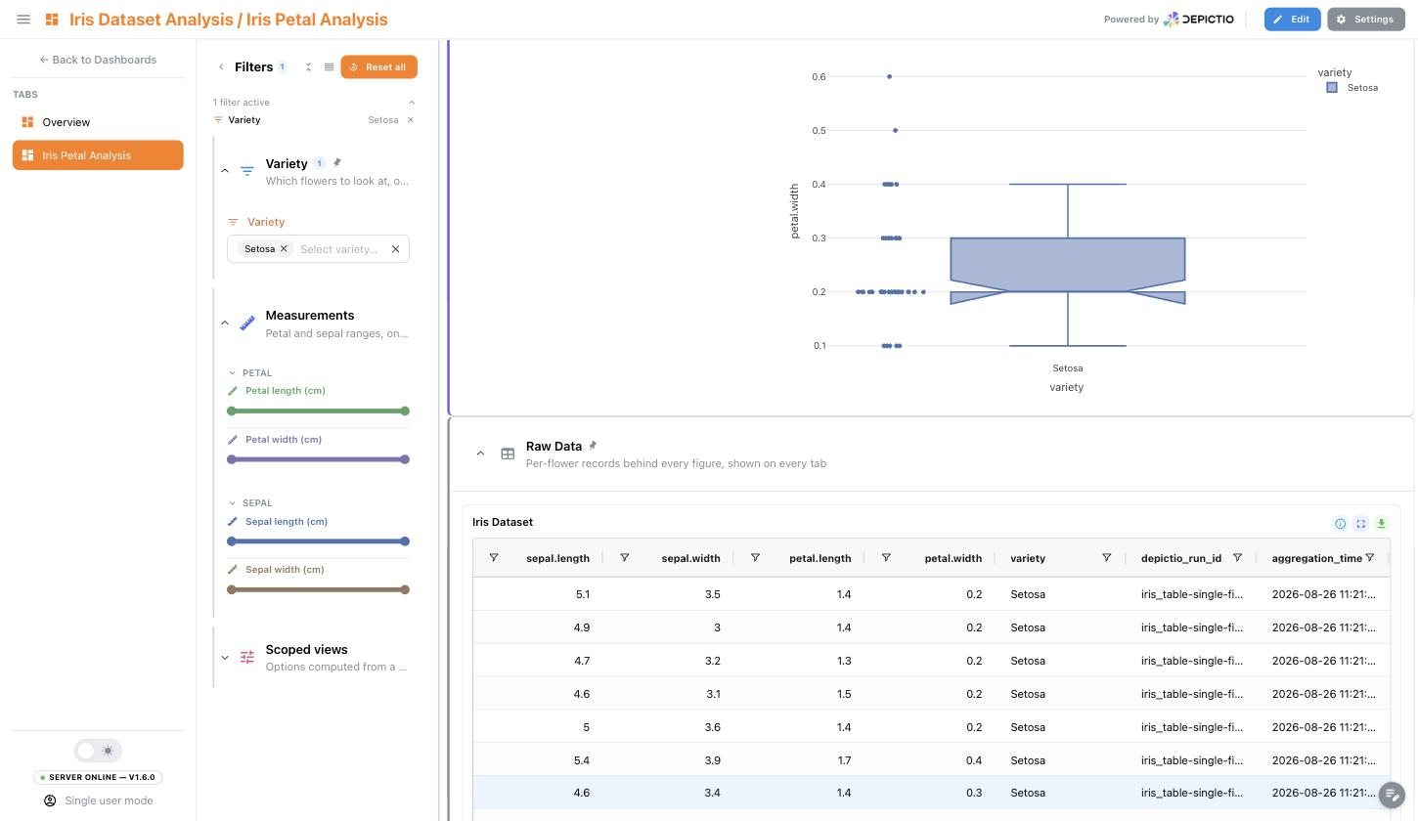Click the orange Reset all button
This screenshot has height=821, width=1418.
378,67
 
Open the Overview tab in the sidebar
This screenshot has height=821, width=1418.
66,122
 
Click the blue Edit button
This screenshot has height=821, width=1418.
1292,19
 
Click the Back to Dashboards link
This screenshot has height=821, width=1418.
98,60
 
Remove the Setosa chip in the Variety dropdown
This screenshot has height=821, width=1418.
284,248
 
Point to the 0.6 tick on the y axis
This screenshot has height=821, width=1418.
819,77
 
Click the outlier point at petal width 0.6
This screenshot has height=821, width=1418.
889,76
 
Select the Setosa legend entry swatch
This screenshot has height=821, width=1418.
1332,88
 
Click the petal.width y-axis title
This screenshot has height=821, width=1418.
794,211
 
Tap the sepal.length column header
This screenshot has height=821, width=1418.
557,558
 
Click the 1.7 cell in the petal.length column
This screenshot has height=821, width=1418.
843,760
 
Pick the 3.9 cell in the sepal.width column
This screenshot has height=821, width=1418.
712,760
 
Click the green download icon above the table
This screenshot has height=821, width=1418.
1381,523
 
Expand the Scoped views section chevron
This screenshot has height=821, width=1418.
225,658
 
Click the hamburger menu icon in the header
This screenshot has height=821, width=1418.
23,19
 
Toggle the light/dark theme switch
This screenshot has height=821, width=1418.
98,751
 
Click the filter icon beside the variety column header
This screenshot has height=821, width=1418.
1106,557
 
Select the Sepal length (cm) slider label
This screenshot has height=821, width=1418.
287,521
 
